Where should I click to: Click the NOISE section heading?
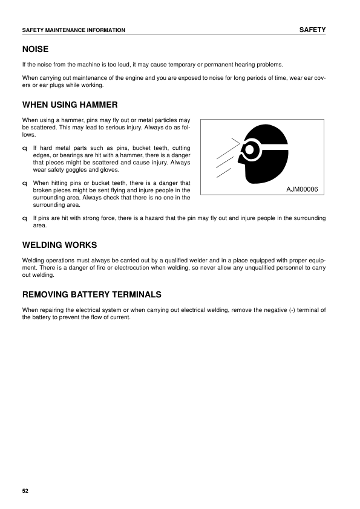click(35, 49)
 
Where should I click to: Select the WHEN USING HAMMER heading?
click(70, 105)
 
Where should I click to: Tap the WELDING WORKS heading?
click(59, 245)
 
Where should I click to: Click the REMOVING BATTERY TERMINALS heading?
click(91, 294)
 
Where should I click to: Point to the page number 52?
click(25, 490)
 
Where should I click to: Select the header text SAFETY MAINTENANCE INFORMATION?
click(73, 30)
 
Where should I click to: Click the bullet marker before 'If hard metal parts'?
click(24, 148)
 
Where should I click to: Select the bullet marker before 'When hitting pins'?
click(24, 183)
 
